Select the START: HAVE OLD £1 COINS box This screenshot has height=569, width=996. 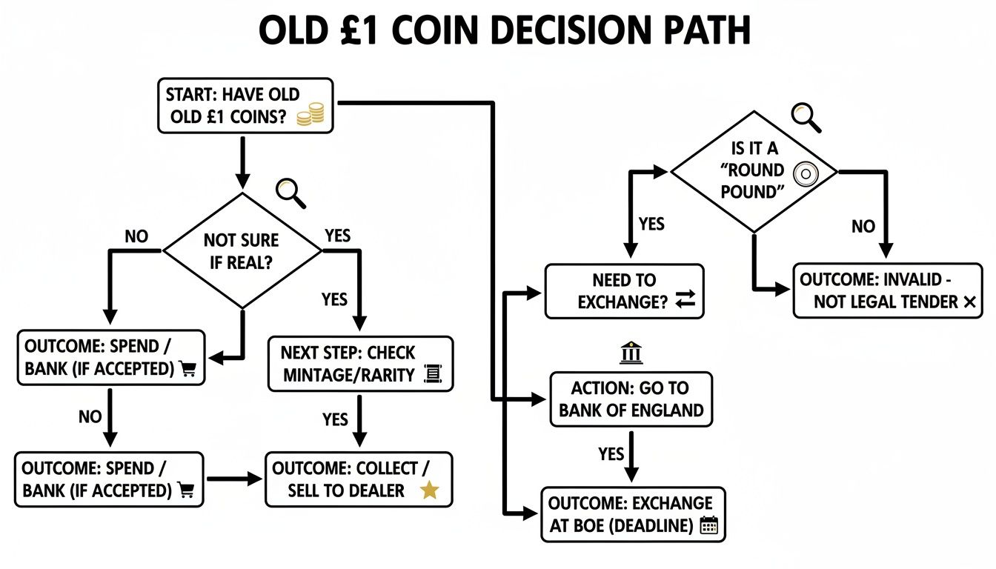click(245, 106)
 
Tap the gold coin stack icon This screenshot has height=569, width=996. click(310, 116)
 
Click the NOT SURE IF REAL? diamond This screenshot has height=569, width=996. click(242, 250)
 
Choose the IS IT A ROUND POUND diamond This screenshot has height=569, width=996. click(754, 171)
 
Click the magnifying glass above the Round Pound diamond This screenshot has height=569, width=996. click(806, 117)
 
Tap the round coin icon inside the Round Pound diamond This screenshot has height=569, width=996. click(804, 174)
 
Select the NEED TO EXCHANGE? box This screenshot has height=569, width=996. click(625, 291)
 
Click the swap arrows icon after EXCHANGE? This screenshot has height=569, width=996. click(685, 299)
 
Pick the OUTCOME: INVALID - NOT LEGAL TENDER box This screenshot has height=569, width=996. click(887, 291)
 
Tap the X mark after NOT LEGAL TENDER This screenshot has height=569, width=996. click(967, 302)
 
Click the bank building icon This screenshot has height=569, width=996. click(631, 353)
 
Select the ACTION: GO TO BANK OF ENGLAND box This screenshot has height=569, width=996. click(631, 399)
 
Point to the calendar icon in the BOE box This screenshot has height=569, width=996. click(709, 526)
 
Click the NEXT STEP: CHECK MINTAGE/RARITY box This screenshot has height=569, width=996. click(359, 364)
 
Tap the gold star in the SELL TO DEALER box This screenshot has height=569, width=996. click(429, 490)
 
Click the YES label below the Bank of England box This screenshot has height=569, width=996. click(611, 453)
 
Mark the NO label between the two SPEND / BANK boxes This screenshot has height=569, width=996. click(90, 416)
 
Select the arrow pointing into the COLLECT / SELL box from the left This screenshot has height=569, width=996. click(233, 479)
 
